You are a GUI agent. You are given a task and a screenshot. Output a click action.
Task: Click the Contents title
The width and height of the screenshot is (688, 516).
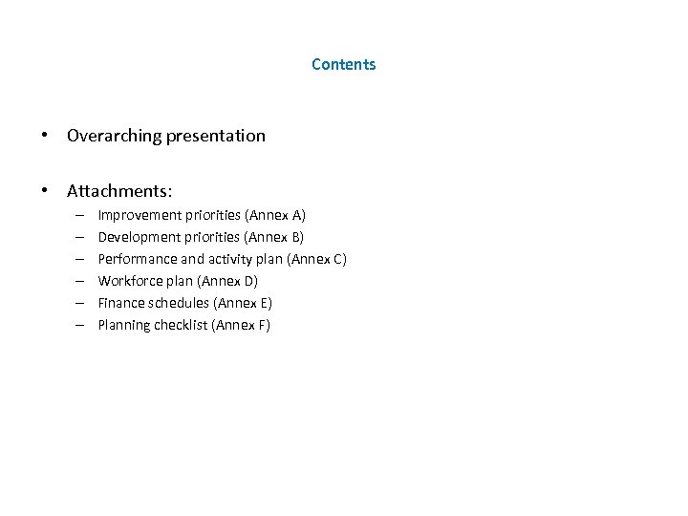343,65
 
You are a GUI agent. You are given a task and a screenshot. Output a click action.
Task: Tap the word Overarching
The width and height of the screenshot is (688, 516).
109,136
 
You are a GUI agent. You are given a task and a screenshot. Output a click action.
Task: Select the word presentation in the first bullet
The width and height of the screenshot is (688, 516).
210,136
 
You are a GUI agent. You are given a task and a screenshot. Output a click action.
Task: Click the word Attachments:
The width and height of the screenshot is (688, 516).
118,192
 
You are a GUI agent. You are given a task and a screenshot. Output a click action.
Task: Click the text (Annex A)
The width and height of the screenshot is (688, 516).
275,214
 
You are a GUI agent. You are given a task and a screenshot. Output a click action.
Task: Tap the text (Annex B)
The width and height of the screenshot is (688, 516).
274,236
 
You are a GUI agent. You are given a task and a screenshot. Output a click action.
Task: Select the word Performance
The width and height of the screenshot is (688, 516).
135,258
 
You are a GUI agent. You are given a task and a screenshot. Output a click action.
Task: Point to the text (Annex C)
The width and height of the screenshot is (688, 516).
316,258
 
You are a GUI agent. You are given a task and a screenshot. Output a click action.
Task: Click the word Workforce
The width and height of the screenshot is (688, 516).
131,280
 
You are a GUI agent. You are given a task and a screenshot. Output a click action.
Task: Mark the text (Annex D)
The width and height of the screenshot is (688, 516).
227,280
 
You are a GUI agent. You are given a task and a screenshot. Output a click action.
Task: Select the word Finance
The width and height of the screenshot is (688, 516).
121,302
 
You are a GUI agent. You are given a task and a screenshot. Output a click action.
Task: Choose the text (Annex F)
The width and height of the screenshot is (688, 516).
241,325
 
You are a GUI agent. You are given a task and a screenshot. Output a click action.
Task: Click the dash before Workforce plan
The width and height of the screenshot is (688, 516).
76,280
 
